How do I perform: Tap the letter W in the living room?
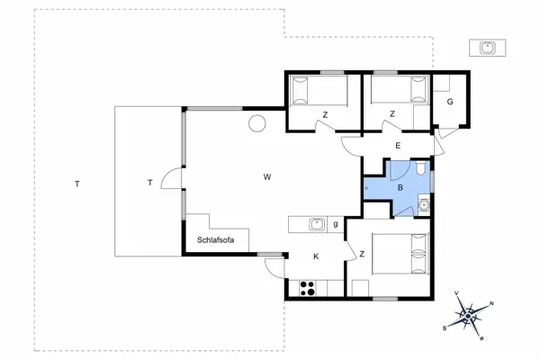[x=267, y=176]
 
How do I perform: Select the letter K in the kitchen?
[x=316, y=256]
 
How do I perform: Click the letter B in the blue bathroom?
[x=400, y=188]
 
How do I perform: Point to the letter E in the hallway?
[x=397, y=146]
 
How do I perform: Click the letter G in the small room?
[x=449, y=103]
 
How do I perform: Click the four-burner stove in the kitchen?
[x=307, y=289]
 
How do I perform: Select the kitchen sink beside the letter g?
[x=316, y=224]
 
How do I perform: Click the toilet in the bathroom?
[x=421, y=169]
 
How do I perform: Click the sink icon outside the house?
[x=487, y=47]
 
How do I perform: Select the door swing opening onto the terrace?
[x=171, y=181]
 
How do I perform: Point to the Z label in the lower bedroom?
[x=361, y=255]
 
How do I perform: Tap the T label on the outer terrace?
[x=77, y=184]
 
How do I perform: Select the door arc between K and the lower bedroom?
[x=350, y=250]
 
